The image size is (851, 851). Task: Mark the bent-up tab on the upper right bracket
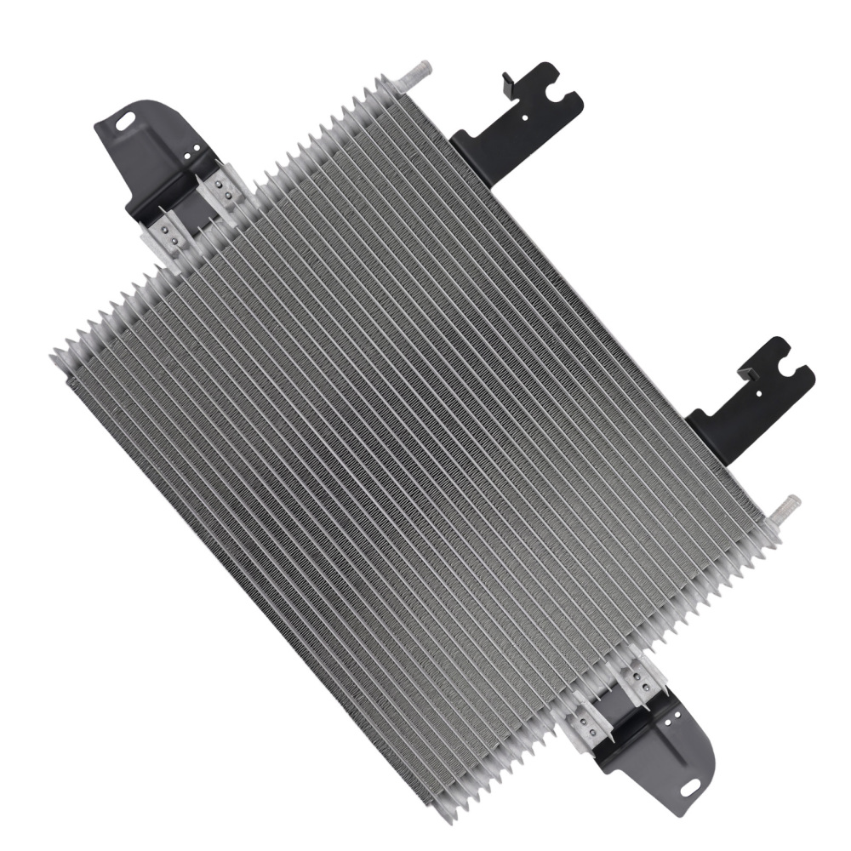pos(510,82)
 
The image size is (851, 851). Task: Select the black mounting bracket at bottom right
pos(655,749)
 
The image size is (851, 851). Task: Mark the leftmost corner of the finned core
pos(53,352)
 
